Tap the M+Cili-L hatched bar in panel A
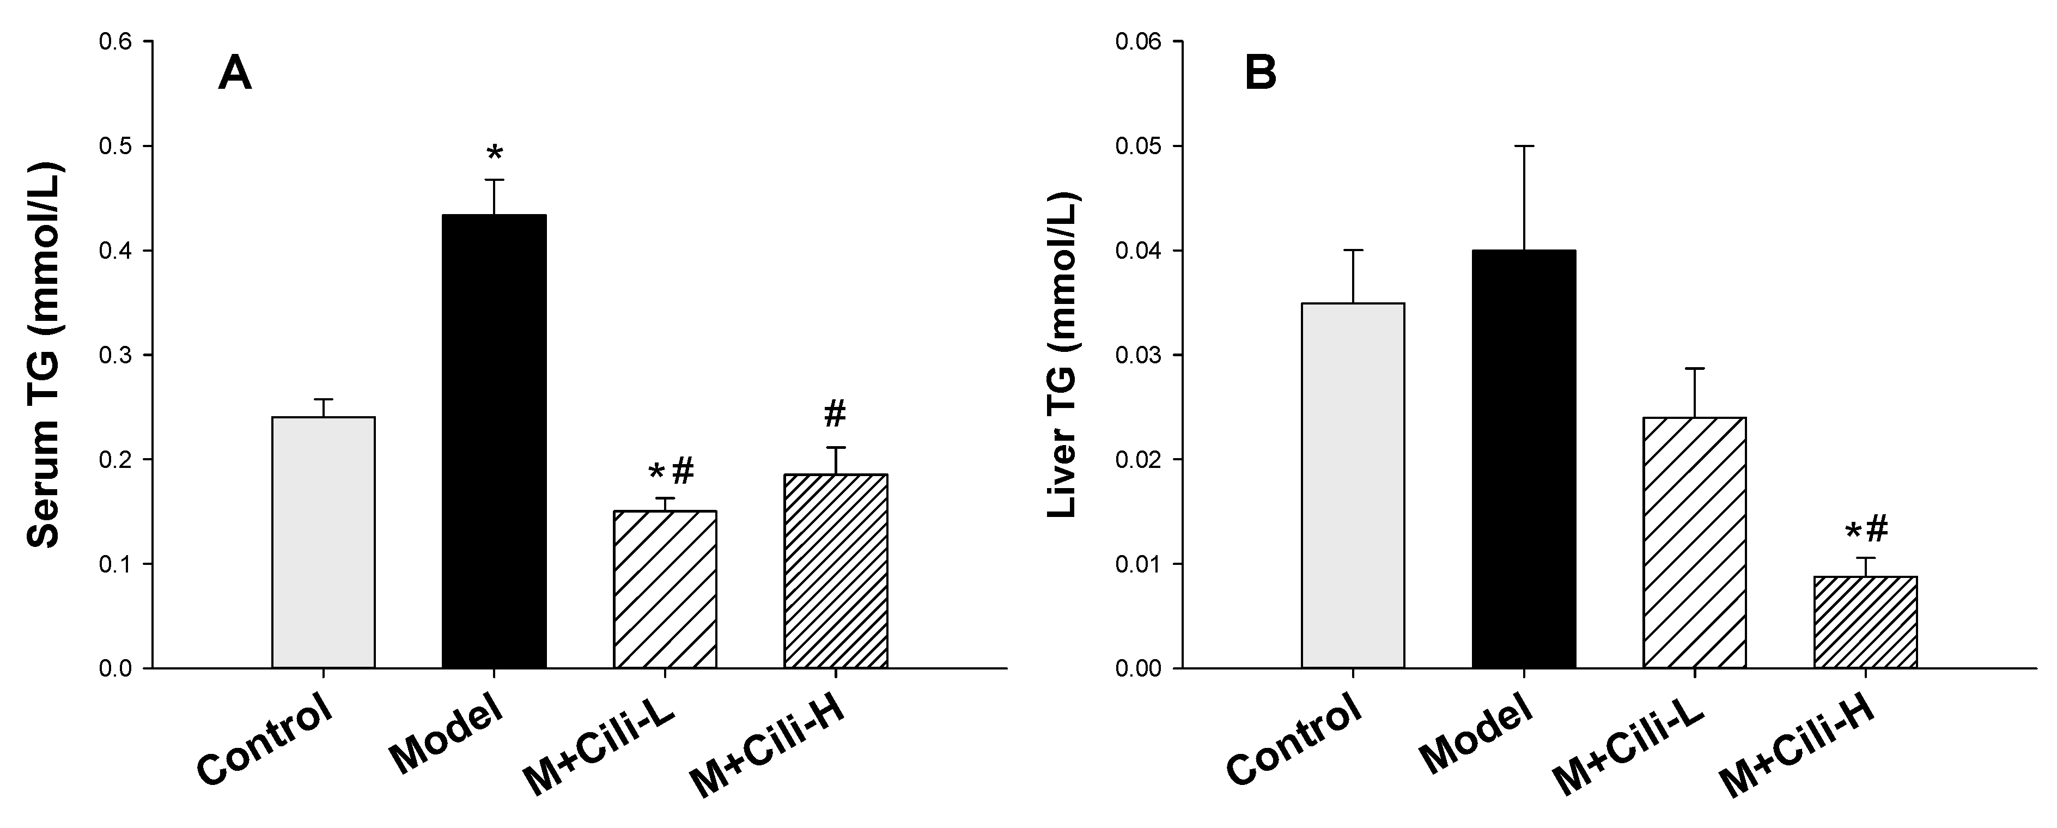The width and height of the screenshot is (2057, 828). [665, 589]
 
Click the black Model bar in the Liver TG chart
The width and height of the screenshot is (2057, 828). [1524, 459]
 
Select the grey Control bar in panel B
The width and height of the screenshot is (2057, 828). [1353, 485]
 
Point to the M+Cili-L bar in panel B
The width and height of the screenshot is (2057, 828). [1695, 543]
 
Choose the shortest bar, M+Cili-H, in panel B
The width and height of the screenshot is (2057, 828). [1865, 622]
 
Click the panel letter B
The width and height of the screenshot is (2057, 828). [1261, 75]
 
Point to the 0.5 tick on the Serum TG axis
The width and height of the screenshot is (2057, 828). [115, 146]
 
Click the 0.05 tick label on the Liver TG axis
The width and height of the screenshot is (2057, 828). [1137, 146]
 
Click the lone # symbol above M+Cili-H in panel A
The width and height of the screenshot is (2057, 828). [835, 413]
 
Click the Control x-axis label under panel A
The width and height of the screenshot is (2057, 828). [264, 739]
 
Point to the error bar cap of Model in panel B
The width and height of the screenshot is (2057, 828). [1524, 146]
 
